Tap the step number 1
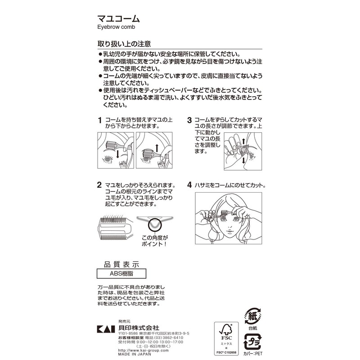tap(99, 121)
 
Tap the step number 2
tap(99, 185)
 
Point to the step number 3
tap(189, 121)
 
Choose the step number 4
tap(189, 185)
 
